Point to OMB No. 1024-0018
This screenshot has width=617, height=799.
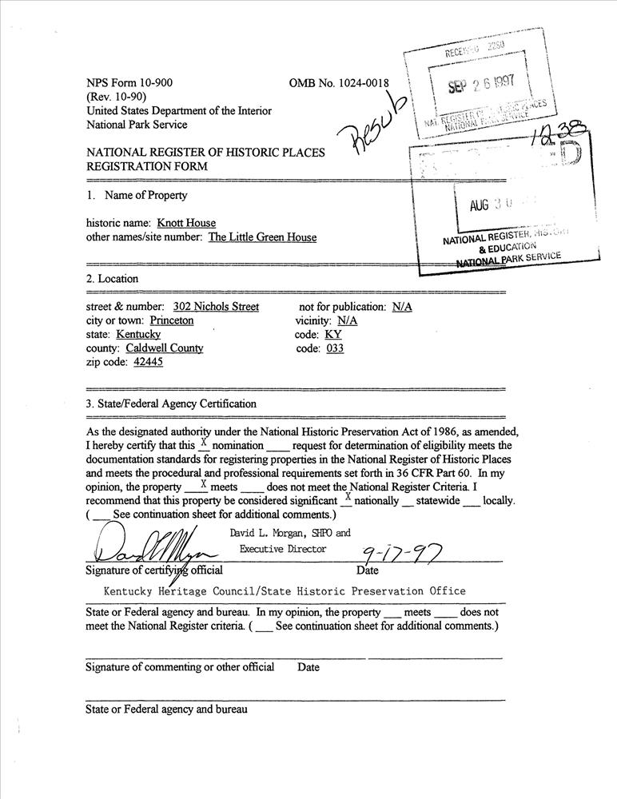340,83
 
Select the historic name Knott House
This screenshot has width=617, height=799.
186,223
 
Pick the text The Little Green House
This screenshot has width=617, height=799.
262,237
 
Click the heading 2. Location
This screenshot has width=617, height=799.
112,279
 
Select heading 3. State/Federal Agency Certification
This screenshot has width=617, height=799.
171,403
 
